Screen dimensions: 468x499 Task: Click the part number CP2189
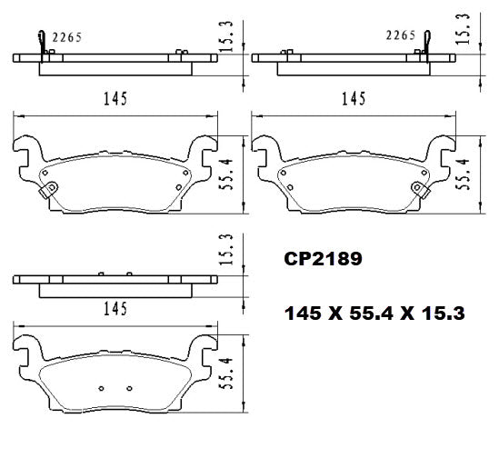(x=324, y=259)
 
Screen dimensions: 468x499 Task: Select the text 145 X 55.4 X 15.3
(x=375, y=314)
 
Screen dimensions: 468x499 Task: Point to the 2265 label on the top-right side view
(x=400, y=36)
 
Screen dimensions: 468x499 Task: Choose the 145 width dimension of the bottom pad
(x=113, y=310)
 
